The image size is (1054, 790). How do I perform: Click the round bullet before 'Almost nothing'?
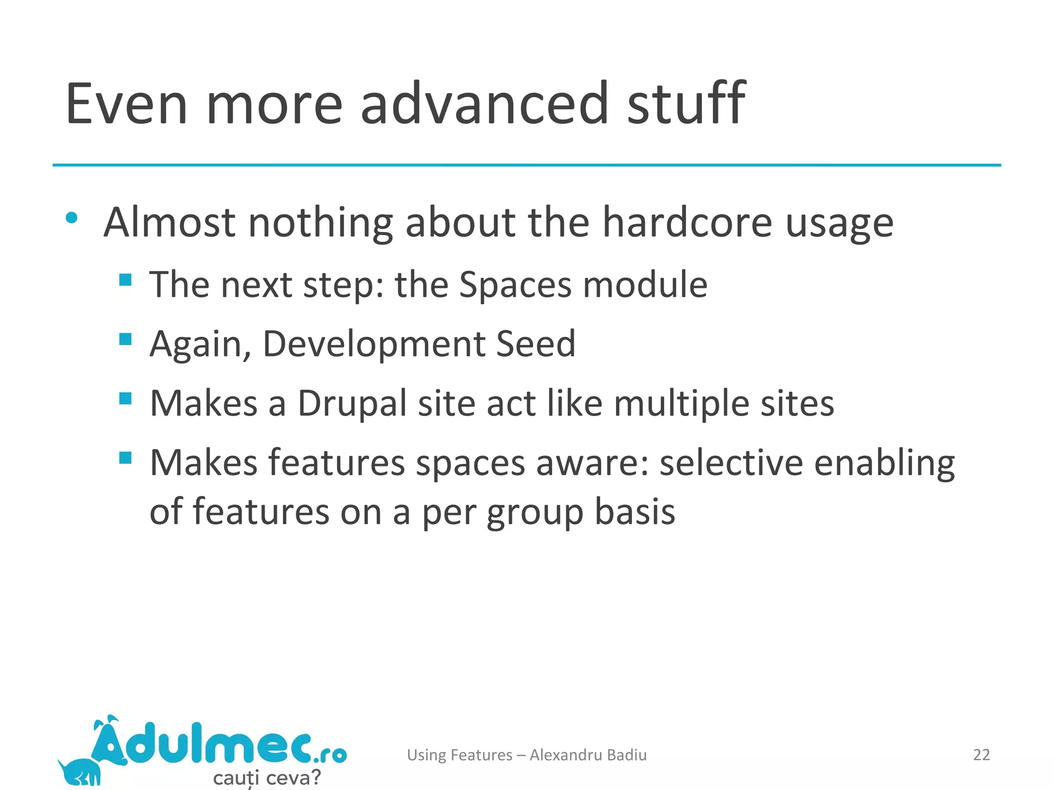point(72,218)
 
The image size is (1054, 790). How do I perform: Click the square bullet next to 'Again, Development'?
point(125,339)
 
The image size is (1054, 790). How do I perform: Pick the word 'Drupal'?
point(352,403)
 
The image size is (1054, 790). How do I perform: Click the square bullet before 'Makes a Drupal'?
point(125,398)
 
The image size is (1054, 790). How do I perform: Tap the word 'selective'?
point(731,462)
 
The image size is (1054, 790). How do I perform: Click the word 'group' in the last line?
point(535,513)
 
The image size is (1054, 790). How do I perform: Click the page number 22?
point(981,755)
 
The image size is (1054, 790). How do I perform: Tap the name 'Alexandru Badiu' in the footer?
point(588,755)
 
